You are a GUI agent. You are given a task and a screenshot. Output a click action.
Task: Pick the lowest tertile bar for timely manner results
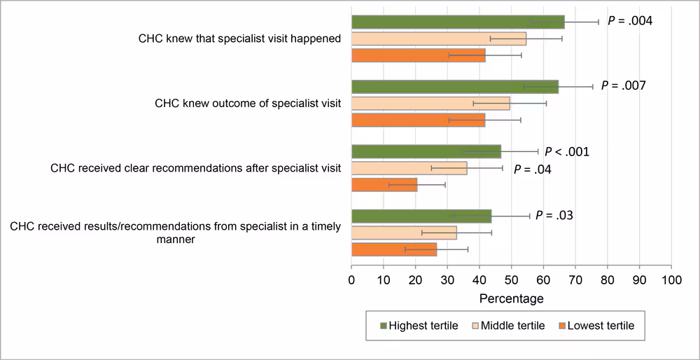coord(393,249)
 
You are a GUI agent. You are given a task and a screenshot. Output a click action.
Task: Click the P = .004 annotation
coord(630,21)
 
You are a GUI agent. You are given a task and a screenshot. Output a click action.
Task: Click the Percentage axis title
coord(511,299)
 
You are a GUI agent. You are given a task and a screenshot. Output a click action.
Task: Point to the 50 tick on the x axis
coord(511,280)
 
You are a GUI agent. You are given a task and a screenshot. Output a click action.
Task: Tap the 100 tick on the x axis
coord(671,280)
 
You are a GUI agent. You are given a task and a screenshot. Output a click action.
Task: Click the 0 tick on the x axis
coord(351,280)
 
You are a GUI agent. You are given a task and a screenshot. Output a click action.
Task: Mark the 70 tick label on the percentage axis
coord(575,280)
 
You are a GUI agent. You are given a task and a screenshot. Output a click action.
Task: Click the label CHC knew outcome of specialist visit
coord(248,104)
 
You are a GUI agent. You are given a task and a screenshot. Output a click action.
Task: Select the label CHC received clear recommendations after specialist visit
coord(195,168)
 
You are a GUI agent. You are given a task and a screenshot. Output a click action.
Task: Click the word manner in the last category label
coord(175,239)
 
